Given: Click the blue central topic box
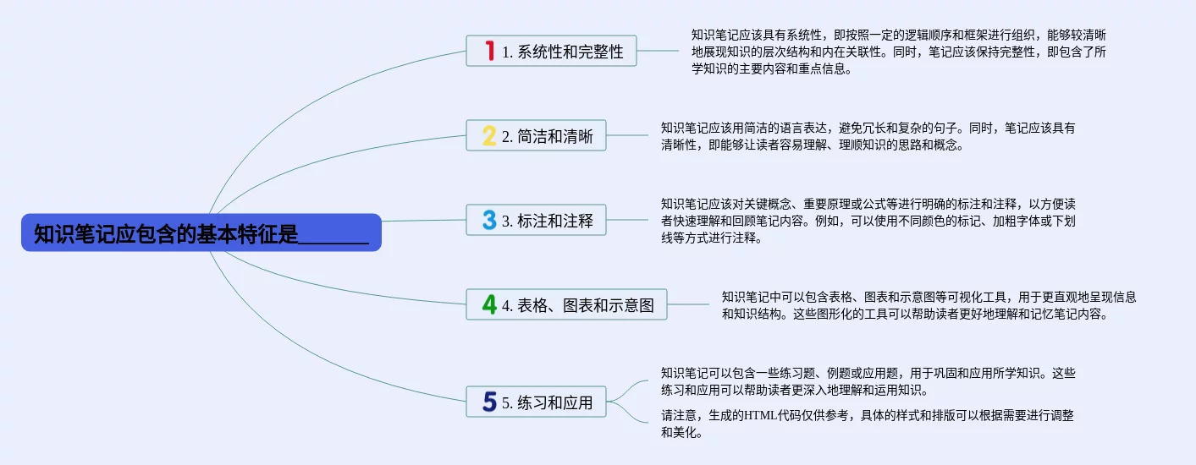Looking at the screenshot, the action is tap(201, 232).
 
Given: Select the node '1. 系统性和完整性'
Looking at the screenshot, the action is tap(551, 51).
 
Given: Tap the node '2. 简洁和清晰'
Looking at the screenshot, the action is tap(536, 135).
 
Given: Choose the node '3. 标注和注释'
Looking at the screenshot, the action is tap(536, 220).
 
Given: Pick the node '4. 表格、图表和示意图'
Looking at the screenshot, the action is tap(566, 304).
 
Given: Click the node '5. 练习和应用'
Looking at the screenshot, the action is tap(536, 402).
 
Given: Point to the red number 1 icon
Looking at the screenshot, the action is tap(489, 51).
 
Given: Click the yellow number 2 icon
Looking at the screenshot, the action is tap(489, 135).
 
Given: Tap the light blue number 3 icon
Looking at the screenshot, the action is tap(489, 220).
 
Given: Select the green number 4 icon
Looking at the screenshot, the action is tap(489, 304).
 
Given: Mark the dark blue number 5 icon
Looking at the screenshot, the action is tap(489, 402).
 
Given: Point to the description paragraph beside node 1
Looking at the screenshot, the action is tap(899, 52).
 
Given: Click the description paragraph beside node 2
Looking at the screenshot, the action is tap(868, 136).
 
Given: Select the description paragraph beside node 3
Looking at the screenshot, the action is tap(868, 221).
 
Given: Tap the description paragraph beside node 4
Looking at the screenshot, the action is tap(929, 305).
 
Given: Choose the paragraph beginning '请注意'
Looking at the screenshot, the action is tap(867, 424).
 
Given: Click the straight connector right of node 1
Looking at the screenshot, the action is tap(658, 51).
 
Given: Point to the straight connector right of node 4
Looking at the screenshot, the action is tap(688, 304).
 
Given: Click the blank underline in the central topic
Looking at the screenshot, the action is tap(333, 243).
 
